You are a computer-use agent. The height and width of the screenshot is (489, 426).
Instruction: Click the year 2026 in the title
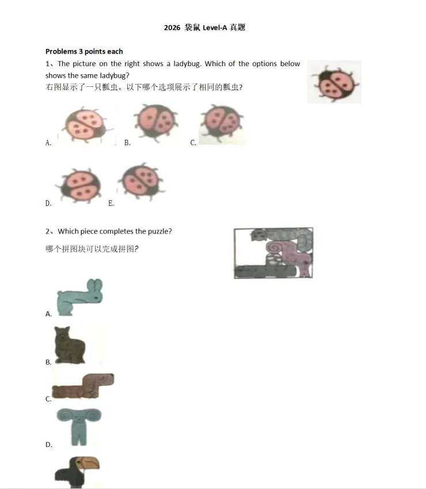tap(172, 28)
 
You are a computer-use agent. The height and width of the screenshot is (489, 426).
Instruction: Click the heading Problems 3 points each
tap(84, 51)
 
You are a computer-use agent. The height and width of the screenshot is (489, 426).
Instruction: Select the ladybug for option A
tap(86, 125)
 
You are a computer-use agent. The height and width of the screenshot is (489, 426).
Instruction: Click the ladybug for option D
tap(80, 185)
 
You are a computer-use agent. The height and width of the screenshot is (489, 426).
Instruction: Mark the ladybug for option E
tap(141, 180)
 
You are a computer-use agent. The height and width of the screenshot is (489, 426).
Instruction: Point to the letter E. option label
tap(111, 203)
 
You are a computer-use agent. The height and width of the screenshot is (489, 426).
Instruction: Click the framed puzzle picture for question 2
tap(273, 253)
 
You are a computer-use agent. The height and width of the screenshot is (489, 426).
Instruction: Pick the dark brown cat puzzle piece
tap(69, 345)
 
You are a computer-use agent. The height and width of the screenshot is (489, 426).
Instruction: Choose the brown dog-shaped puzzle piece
tap(83, 386)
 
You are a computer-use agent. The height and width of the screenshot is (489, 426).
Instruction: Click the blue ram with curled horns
tap(79, 426)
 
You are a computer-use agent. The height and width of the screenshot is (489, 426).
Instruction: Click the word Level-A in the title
tap(215, 28)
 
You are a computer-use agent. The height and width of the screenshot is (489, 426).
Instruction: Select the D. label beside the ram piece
tap(49, 444)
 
